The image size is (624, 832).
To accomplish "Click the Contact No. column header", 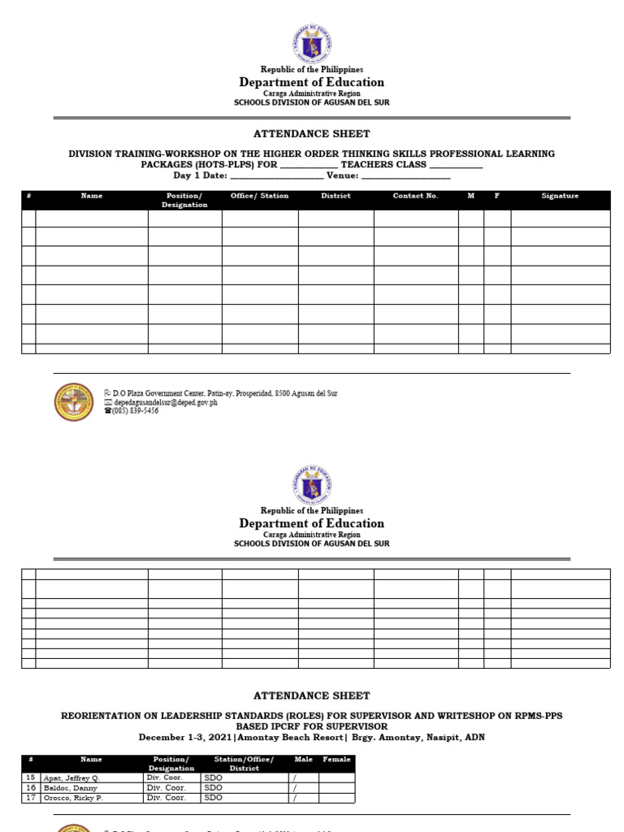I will tap(415, 196).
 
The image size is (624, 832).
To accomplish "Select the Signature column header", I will tap(560, 196).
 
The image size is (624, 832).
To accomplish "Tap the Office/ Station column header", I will tap(259, 196).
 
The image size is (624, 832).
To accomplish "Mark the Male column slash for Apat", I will tap(295, 778).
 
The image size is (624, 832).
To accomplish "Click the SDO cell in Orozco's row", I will tap(214, 798).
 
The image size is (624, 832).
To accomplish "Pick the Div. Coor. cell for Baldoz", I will tap(166, 788).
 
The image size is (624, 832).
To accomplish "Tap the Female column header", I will tap(337, 759).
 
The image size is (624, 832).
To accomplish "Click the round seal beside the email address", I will tap(74, 401).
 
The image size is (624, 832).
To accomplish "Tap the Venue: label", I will tap(342, 175).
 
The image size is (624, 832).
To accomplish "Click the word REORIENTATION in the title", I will tap(101, 716).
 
